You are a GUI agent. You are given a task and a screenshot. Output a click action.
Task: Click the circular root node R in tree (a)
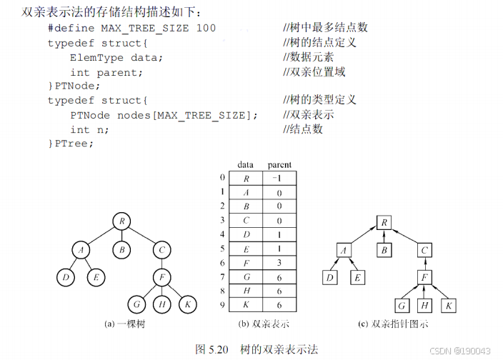(122, 221)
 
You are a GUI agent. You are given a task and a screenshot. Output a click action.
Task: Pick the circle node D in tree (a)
(66, 277)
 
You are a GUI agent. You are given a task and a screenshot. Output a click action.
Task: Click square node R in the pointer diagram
(384, 223)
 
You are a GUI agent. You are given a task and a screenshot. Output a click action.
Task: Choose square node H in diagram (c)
(426, 306)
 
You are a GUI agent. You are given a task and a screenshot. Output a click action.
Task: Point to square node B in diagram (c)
(384, 250)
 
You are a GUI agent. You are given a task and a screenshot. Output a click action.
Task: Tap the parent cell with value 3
(279, 262)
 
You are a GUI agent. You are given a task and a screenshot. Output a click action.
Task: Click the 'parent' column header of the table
(279, 165)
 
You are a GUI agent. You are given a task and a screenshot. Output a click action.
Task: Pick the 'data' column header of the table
(245, 165)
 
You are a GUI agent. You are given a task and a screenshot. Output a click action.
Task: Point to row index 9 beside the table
(222, 305)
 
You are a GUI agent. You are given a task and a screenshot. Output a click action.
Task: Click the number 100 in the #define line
(206, 28)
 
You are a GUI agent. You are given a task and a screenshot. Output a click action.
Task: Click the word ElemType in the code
(96, 57)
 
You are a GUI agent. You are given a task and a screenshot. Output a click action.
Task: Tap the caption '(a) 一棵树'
(126, 324)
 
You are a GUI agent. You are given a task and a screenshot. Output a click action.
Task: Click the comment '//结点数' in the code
(303, 129)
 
